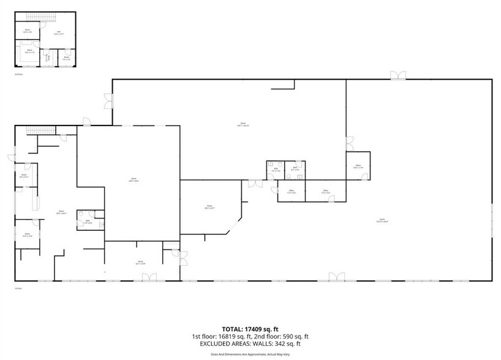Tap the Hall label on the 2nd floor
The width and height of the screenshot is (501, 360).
(x=59, y=33)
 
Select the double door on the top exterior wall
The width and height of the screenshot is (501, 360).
(x=398, y=75)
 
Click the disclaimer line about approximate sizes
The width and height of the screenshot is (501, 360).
(x=250, y=353)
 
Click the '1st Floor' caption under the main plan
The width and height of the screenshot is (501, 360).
(x=18, y=288)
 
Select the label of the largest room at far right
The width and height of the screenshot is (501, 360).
(x=382, y=220)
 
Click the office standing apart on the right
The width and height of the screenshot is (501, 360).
(x=358, y=166)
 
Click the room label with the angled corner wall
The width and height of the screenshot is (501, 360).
(x=209, y=207)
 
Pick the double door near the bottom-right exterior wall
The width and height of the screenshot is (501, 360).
(x=336, y=277)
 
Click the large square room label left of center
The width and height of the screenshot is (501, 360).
(x=132, y=180)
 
